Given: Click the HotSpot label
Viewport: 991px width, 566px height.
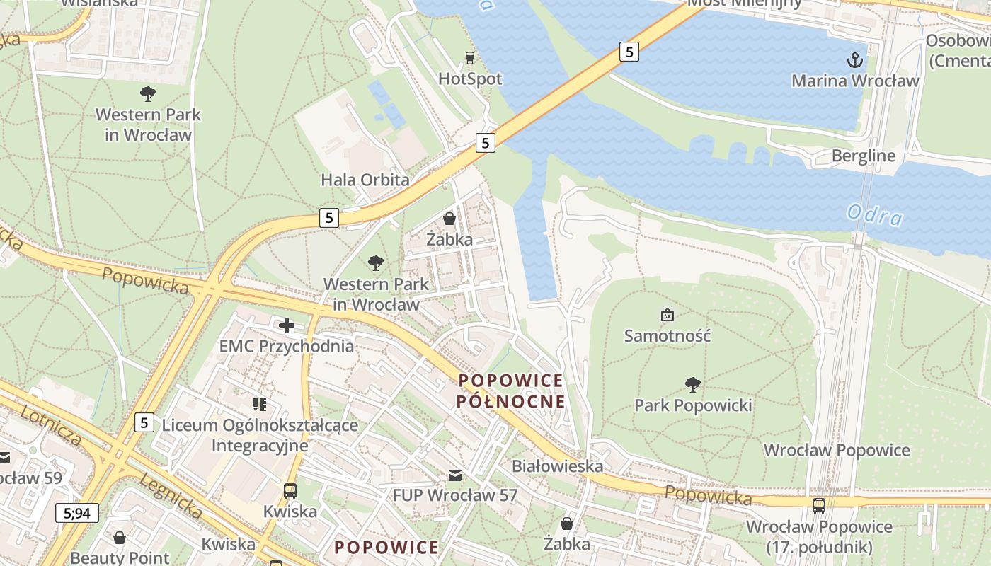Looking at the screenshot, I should pyautogui.click(x=470, y=79).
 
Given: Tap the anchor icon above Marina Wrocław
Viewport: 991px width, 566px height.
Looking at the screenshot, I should pyautogui.click(x=855, y=59).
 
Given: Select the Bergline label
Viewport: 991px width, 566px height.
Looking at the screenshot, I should pyautogui.click(x=863, y=156).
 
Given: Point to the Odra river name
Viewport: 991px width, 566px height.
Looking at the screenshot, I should pyautogui.click(x=875, y=214).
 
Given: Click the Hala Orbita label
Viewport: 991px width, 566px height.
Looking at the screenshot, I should pyautogui.click(x=365, y=180).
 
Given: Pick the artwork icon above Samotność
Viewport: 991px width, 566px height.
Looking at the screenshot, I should pyautogui.click(x=667, y=315).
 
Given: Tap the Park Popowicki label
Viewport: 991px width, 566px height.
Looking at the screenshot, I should pyautogui.click(x=693, y=405).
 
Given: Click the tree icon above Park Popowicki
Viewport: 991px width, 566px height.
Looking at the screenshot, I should pyautogui.click(x=693, y=385).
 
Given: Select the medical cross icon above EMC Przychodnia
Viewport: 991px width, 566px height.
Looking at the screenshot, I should pyautogui.click(x=287, y=325).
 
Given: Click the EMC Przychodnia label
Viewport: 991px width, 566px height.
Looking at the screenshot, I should pyautogui.click(x=287, y=346).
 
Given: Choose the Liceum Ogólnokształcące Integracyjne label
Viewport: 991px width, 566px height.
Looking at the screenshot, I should pyautogui.click(x=260, y=435).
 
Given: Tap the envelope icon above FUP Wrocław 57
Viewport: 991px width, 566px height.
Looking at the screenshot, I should pyautogui.click(x=455, y=475).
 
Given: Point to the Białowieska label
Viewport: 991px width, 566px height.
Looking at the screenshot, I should pyautogui.click(x=557, y=466).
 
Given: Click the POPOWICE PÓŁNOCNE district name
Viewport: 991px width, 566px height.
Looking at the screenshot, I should pyautogui.click(x=511, y=391).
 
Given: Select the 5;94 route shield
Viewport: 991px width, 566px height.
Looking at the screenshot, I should pyautogui.click(x=77, y=513).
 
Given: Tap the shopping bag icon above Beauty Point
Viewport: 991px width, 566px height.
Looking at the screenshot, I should pyautogui.click(x=120, y=538).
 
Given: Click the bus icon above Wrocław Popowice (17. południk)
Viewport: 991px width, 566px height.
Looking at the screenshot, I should pyautogui.click(x=819, y=506).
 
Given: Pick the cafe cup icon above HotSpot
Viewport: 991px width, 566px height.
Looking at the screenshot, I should pyautogui.click(x=469, y=58).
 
